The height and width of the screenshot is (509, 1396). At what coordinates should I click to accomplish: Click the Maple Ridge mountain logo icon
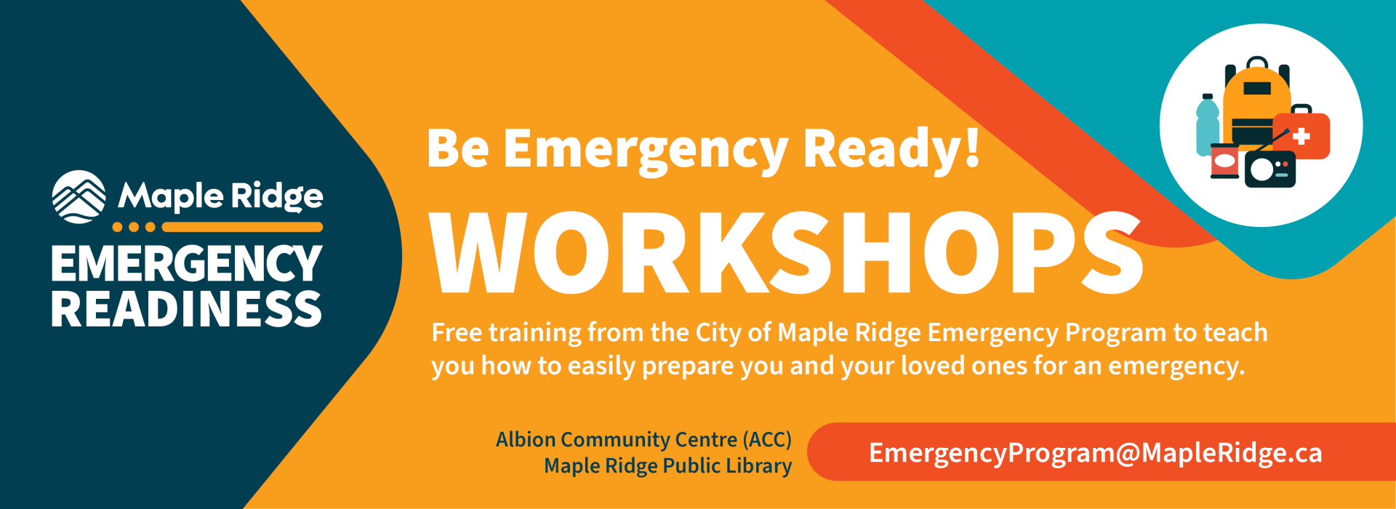[79, 196]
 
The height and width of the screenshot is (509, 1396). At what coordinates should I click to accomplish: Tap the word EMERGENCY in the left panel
[187, 264]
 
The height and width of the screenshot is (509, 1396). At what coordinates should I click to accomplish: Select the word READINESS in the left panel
[187, 309]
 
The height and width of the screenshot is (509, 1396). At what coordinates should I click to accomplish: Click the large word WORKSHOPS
[786, 253]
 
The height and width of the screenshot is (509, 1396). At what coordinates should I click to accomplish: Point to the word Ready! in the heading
[892, 149]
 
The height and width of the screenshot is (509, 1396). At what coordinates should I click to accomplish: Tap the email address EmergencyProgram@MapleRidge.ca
[1096, 453]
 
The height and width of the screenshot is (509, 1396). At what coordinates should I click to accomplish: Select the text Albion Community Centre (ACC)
[643, 440]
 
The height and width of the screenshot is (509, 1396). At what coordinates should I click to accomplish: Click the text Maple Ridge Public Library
[667, 466]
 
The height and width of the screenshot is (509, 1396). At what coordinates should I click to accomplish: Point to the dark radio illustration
[1269, 168]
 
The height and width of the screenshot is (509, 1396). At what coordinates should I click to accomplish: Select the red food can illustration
[1224, 161]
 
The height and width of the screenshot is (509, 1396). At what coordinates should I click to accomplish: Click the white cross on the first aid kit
[1301, 136]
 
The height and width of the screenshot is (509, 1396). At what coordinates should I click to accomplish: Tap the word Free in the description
[457, 332]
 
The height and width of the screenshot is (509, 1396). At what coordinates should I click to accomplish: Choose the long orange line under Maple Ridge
[242, 227]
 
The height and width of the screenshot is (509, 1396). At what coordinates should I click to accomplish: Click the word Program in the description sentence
[1115, 333]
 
